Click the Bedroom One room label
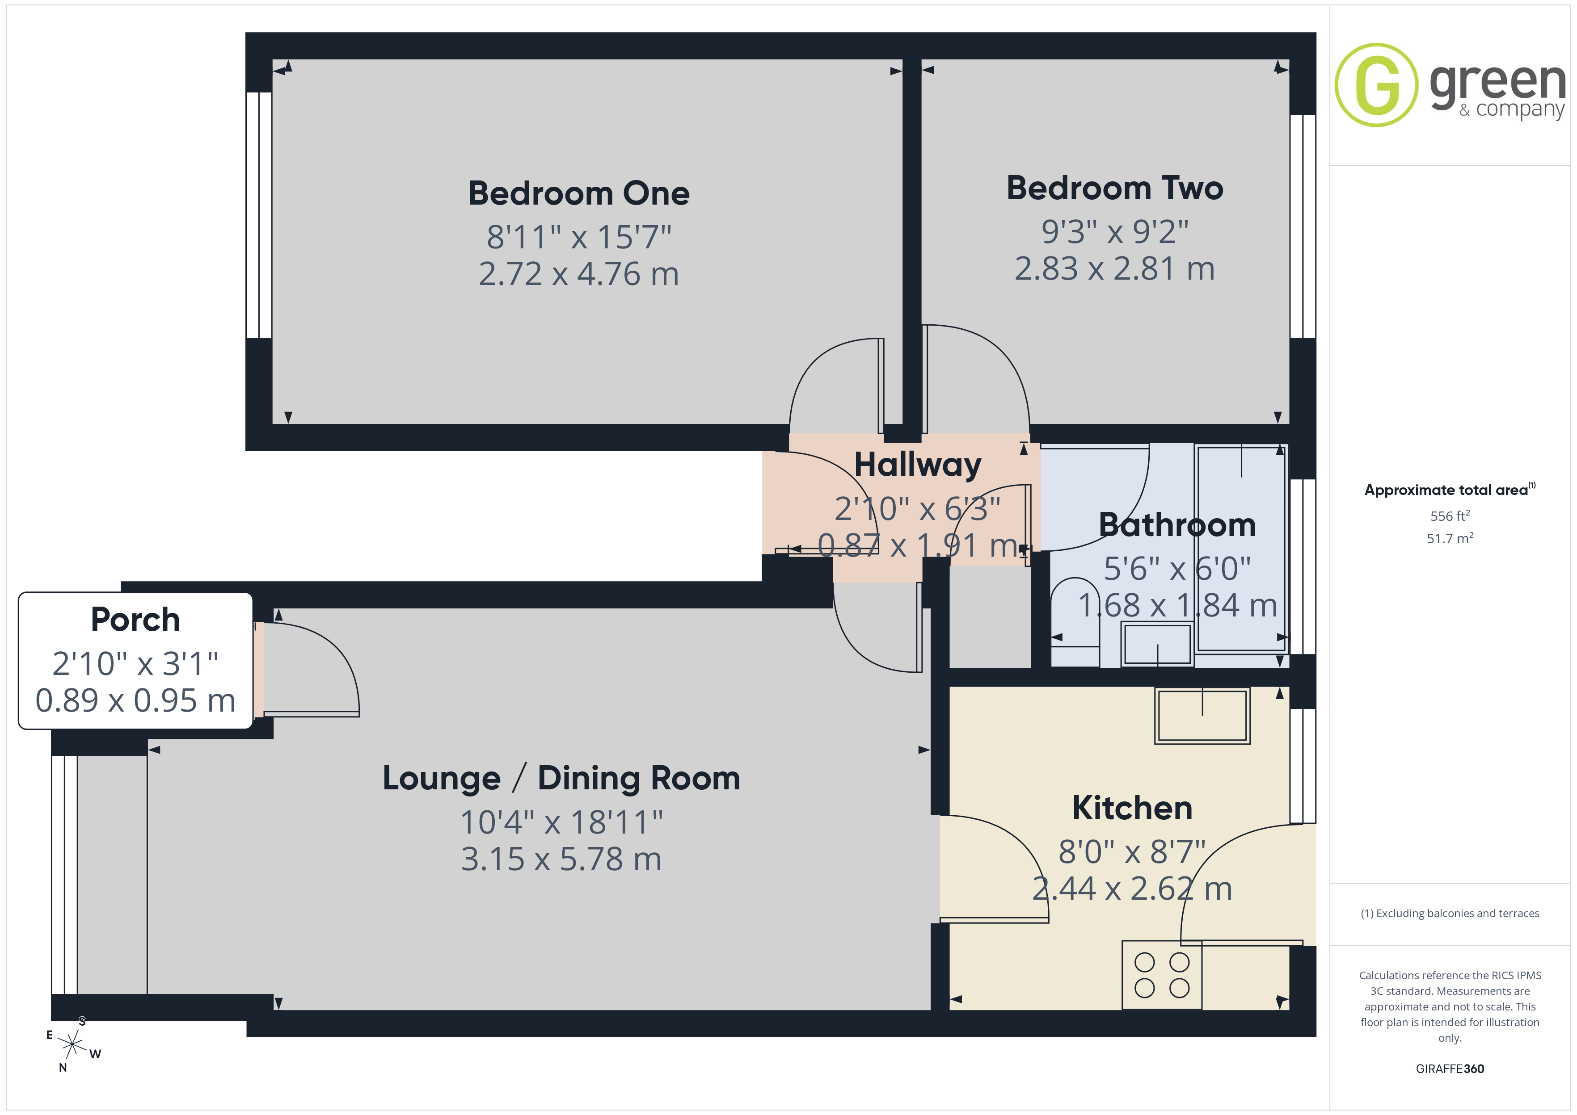click(x=579, y=193)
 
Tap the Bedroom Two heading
click(x=1115, y=188)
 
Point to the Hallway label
click(x=918, y=465)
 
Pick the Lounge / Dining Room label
click(x=561, y=779)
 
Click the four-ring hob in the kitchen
click(x=1161, y=975)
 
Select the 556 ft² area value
click(x=1450, y=516)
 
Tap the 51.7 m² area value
click(x=1450, y=538)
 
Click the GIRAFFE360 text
click(x=1450, y=1069)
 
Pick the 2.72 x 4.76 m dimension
click(x=578, y=274)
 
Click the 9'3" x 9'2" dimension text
click(x=1115, y=231)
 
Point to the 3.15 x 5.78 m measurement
click(x=561, y=859)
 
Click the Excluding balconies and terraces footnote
click(x=1450, y=913)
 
